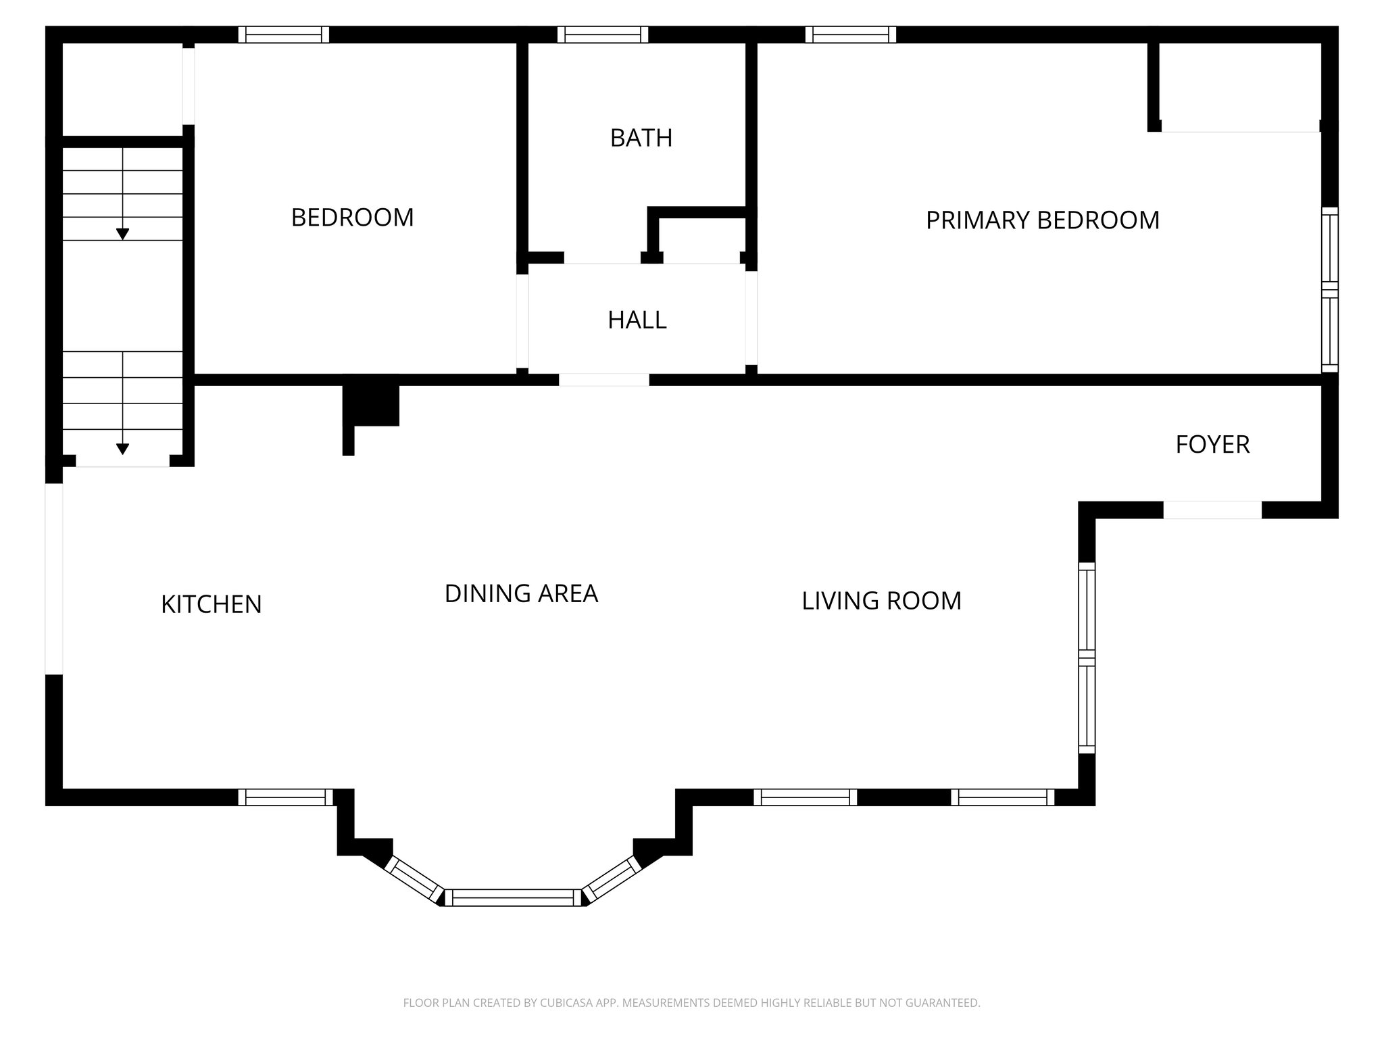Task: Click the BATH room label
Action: pyautogui.click(x=641, y=138)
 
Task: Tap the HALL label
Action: pyautogui.click(x=637, y=320)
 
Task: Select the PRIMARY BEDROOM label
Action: pyautogui.click(x=1042, y=220)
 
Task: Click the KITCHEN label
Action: pyautogui.click(x=211, y=604)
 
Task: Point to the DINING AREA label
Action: pyautogui.click(x=521, y=593)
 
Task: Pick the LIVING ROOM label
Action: pyautogui.click(x=881, y=601)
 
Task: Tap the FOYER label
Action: pyautogui.click(x=1212, y=445)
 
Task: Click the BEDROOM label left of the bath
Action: pyautogui.click(x=352, y=218)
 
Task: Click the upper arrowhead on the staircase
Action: pyautogui.click(x=122, y=234)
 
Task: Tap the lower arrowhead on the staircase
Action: pyautogui.click(x=122, y=449)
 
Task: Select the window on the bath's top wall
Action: pyautogui.click(x=603, y=34)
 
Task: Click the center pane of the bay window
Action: pyautogui.click(x=513, y=897)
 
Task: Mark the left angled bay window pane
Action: pyautogui.click(x=414, y=879)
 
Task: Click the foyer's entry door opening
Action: pyautogui.click(x=1212, y=510)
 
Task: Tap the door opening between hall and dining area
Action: pyautogui.click(x=603, y=380)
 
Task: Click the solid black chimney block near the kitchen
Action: pyautogui.click(x=371, y=404)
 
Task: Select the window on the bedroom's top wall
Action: pyautogui.click(x=284, y=34)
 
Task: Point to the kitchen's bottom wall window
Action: pyautogui.click(x=285, y=797)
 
